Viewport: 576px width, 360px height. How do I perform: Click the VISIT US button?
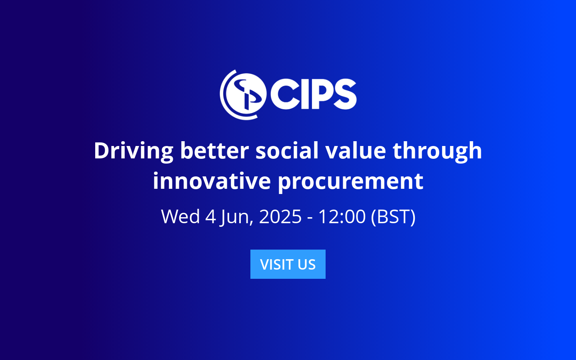[x=288, y=264]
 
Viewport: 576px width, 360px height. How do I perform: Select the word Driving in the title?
[x=134, y=151]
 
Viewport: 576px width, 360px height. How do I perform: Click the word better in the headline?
[x=214, y=151]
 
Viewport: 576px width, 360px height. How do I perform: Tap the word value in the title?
[x=356, y=151]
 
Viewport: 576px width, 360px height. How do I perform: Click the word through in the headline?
[x=437, y=151]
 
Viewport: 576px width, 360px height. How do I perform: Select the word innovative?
[x=212, y=181]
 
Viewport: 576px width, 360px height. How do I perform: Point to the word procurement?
[x=350, y=181]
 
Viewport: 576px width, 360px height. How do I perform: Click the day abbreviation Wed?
[x=180, y=216]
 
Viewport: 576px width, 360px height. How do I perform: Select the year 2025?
[x=280, y=216]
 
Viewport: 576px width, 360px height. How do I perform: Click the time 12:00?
[x=342, y=216]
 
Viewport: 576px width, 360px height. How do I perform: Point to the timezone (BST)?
[x=393, y=216]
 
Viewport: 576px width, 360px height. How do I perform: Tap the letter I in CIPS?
[x=304, y=94]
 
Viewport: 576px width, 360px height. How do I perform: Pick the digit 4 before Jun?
[x=211, y=216]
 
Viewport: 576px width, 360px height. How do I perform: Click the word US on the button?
[x=306, y=264]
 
